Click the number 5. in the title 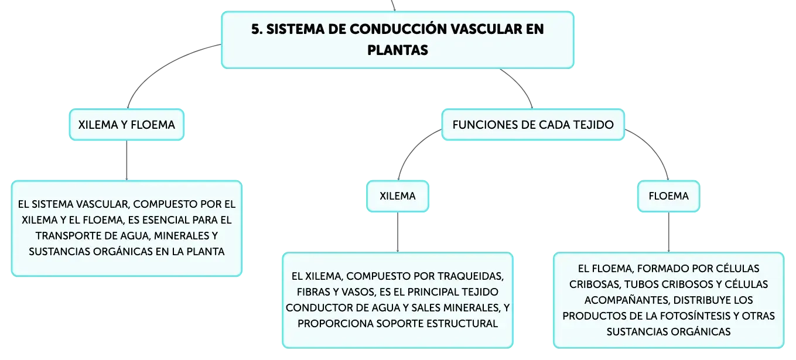pyautogui.click(x=257, y=29)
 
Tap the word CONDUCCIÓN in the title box pyautogui.click(x=398, y=29)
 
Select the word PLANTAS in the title pyautogui.click(x=398, y=50)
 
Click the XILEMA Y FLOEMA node pyautogui.click(x=127, y=125)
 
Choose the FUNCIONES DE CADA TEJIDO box pyautogui.click(x=533, y=125)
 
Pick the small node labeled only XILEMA pyautogui.click(x=398, y=196)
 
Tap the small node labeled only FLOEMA pyautogui.click(x=669, y=196)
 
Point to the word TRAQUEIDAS pyautogui.click(x=470, y=276)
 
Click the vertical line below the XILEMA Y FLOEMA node pyautogui.click(x=127, y=160)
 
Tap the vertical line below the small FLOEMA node pyautogui.click(x=669, y=232)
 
